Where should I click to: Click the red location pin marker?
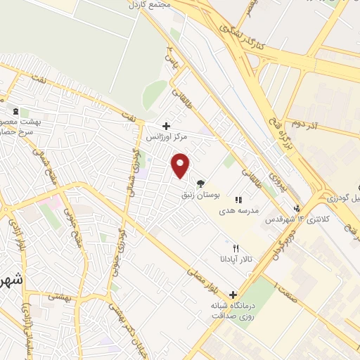pyautogui.click(x=181, y=165)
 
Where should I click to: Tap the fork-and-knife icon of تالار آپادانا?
pyautogui.click(x=236, y=249)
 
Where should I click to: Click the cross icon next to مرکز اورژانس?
pyautogui.click(x=166, y=126)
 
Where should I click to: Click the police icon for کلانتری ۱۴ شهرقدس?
pyautogui.click(x=297, y=208)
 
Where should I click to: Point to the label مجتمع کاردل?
pyautogui.click(x=150, y=4)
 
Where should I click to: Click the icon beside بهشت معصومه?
pyautogui.click(x=15, y=111)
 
